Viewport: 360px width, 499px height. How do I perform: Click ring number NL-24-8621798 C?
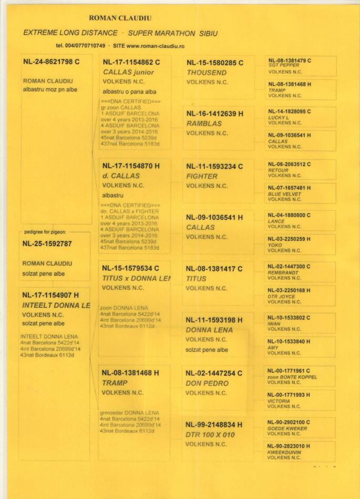pyautogui.click(x=51, y=63)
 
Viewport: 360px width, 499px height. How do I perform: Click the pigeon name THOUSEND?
pyautogui.click(x=207, y=72)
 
